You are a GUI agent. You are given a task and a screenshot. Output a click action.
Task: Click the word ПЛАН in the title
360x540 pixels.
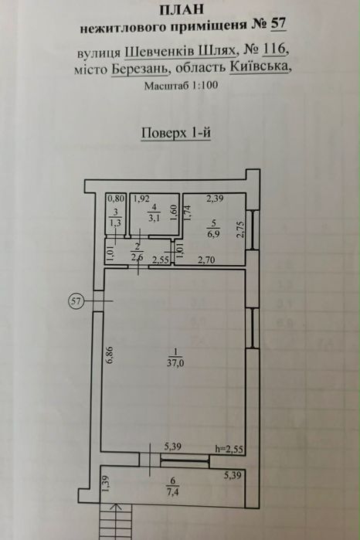pyautogui.click(x=182, y=9)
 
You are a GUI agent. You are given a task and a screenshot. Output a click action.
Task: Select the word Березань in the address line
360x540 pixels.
pyautogui.click(x=140, y=69)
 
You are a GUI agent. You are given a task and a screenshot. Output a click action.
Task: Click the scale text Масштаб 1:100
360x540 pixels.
pyautogui.click(x=182, y=86)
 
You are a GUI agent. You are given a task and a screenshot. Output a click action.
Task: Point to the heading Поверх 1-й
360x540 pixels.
pyautogui.click(x=175, y=133)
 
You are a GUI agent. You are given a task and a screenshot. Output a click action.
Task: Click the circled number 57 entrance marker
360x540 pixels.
pyautogui.click(x=76, y=301)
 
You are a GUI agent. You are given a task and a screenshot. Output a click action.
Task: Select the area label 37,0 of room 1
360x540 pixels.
pyautogui.click(x=175, y=363)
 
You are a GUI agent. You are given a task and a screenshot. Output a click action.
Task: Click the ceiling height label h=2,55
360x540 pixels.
pyautogui.click(x=229, y=449)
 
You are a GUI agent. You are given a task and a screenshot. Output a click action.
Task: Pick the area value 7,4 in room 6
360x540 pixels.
pyautogui.click(x=173, y=491)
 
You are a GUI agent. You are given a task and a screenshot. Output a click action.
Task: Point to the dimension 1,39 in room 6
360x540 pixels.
pyautogui.click(x=106, y=484)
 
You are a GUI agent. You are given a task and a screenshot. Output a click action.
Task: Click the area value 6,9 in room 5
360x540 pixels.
pyautogui.click(x=213, y=235)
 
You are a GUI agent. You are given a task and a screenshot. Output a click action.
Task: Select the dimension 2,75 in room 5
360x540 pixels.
pyautogui.click(x=240, y=229)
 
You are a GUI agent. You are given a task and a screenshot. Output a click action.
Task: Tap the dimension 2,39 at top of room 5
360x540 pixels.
pyautogui.click(x=215, y=199)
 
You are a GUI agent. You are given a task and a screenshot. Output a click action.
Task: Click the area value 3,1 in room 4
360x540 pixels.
pyautogui.click(x=154, y=218)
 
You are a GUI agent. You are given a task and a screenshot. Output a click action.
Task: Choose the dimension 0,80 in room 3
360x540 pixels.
pyautogui.click(x=116, y=199)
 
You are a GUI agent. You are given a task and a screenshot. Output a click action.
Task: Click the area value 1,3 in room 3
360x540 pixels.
pyautogui.click(x=115, y=222)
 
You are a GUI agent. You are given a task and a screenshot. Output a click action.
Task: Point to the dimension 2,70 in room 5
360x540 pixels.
pyautogui.click(x=206, y=260)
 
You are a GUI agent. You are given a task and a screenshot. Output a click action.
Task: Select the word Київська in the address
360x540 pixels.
pyautogui.click(x=259, y=66)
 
